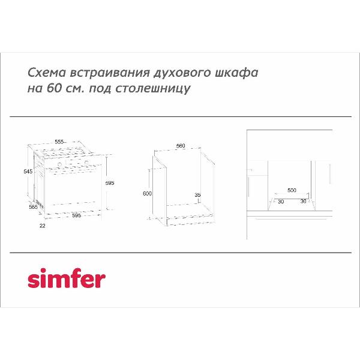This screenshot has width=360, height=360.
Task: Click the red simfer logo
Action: tap(67, 278)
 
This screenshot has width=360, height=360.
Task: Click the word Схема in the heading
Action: tap(47, 73)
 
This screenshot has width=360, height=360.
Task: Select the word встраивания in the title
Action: tap(110, 73)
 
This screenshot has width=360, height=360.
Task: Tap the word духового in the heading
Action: tap(182, 73)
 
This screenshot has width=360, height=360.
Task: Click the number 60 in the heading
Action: tap(55, 88)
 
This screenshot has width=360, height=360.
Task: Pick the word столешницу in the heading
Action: tap(152, 89)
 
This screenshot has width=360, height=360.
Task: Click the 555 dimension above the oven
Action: tap(59, 142)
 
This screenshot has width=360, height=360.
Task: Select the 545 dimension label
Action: tap(28, 171)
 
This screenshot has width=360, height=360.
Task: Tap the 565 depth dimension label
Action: tap(33, 207)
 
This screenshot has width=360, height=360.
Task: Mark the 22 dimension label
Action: tap(43, 226)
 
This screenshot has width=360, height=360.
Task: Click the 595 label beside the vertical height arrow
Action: tap(110, 183)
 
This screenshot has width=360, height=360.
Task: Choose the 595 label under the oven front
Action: tap(77, 215)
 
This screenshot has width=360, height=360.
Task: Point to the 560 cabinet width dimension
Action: tap(181, 146)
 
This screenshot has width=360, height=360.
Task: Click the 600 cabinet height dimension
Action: tap(147, 194)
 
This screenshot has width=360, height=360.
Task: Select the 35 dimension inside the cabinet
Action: tap(197, 195)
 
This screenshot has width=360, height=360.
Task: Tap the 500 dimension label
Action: tap(292, 190)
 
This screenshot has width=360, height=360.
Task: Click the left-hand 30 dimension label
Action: tap(281, 202)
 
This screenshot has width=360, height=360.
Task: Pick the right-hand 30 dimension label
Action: tap(303, 202)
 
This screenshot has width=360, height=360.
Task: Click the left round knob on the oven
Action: tap(59, 164)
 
